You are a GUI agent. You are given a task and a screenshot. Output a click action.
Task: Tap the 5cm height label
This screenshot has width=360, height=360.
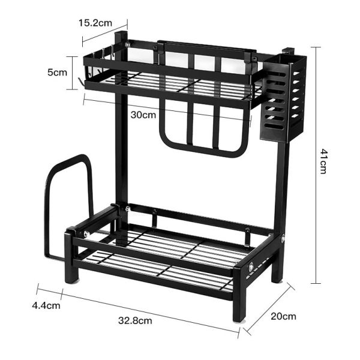58,72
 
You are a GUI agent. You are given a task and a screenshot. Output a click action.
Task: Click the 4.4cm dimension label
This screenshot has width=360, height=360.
46,305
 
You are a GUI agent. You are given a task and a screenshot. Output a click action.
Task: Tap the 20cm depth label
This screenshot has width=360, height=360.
281,316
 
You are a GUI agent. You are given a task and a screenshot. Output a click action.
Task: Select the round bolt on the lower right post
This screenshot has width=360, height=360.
282,240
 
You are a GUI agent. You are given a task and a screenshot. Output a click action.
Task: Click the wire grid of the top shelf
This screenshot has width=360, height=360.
174,84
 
